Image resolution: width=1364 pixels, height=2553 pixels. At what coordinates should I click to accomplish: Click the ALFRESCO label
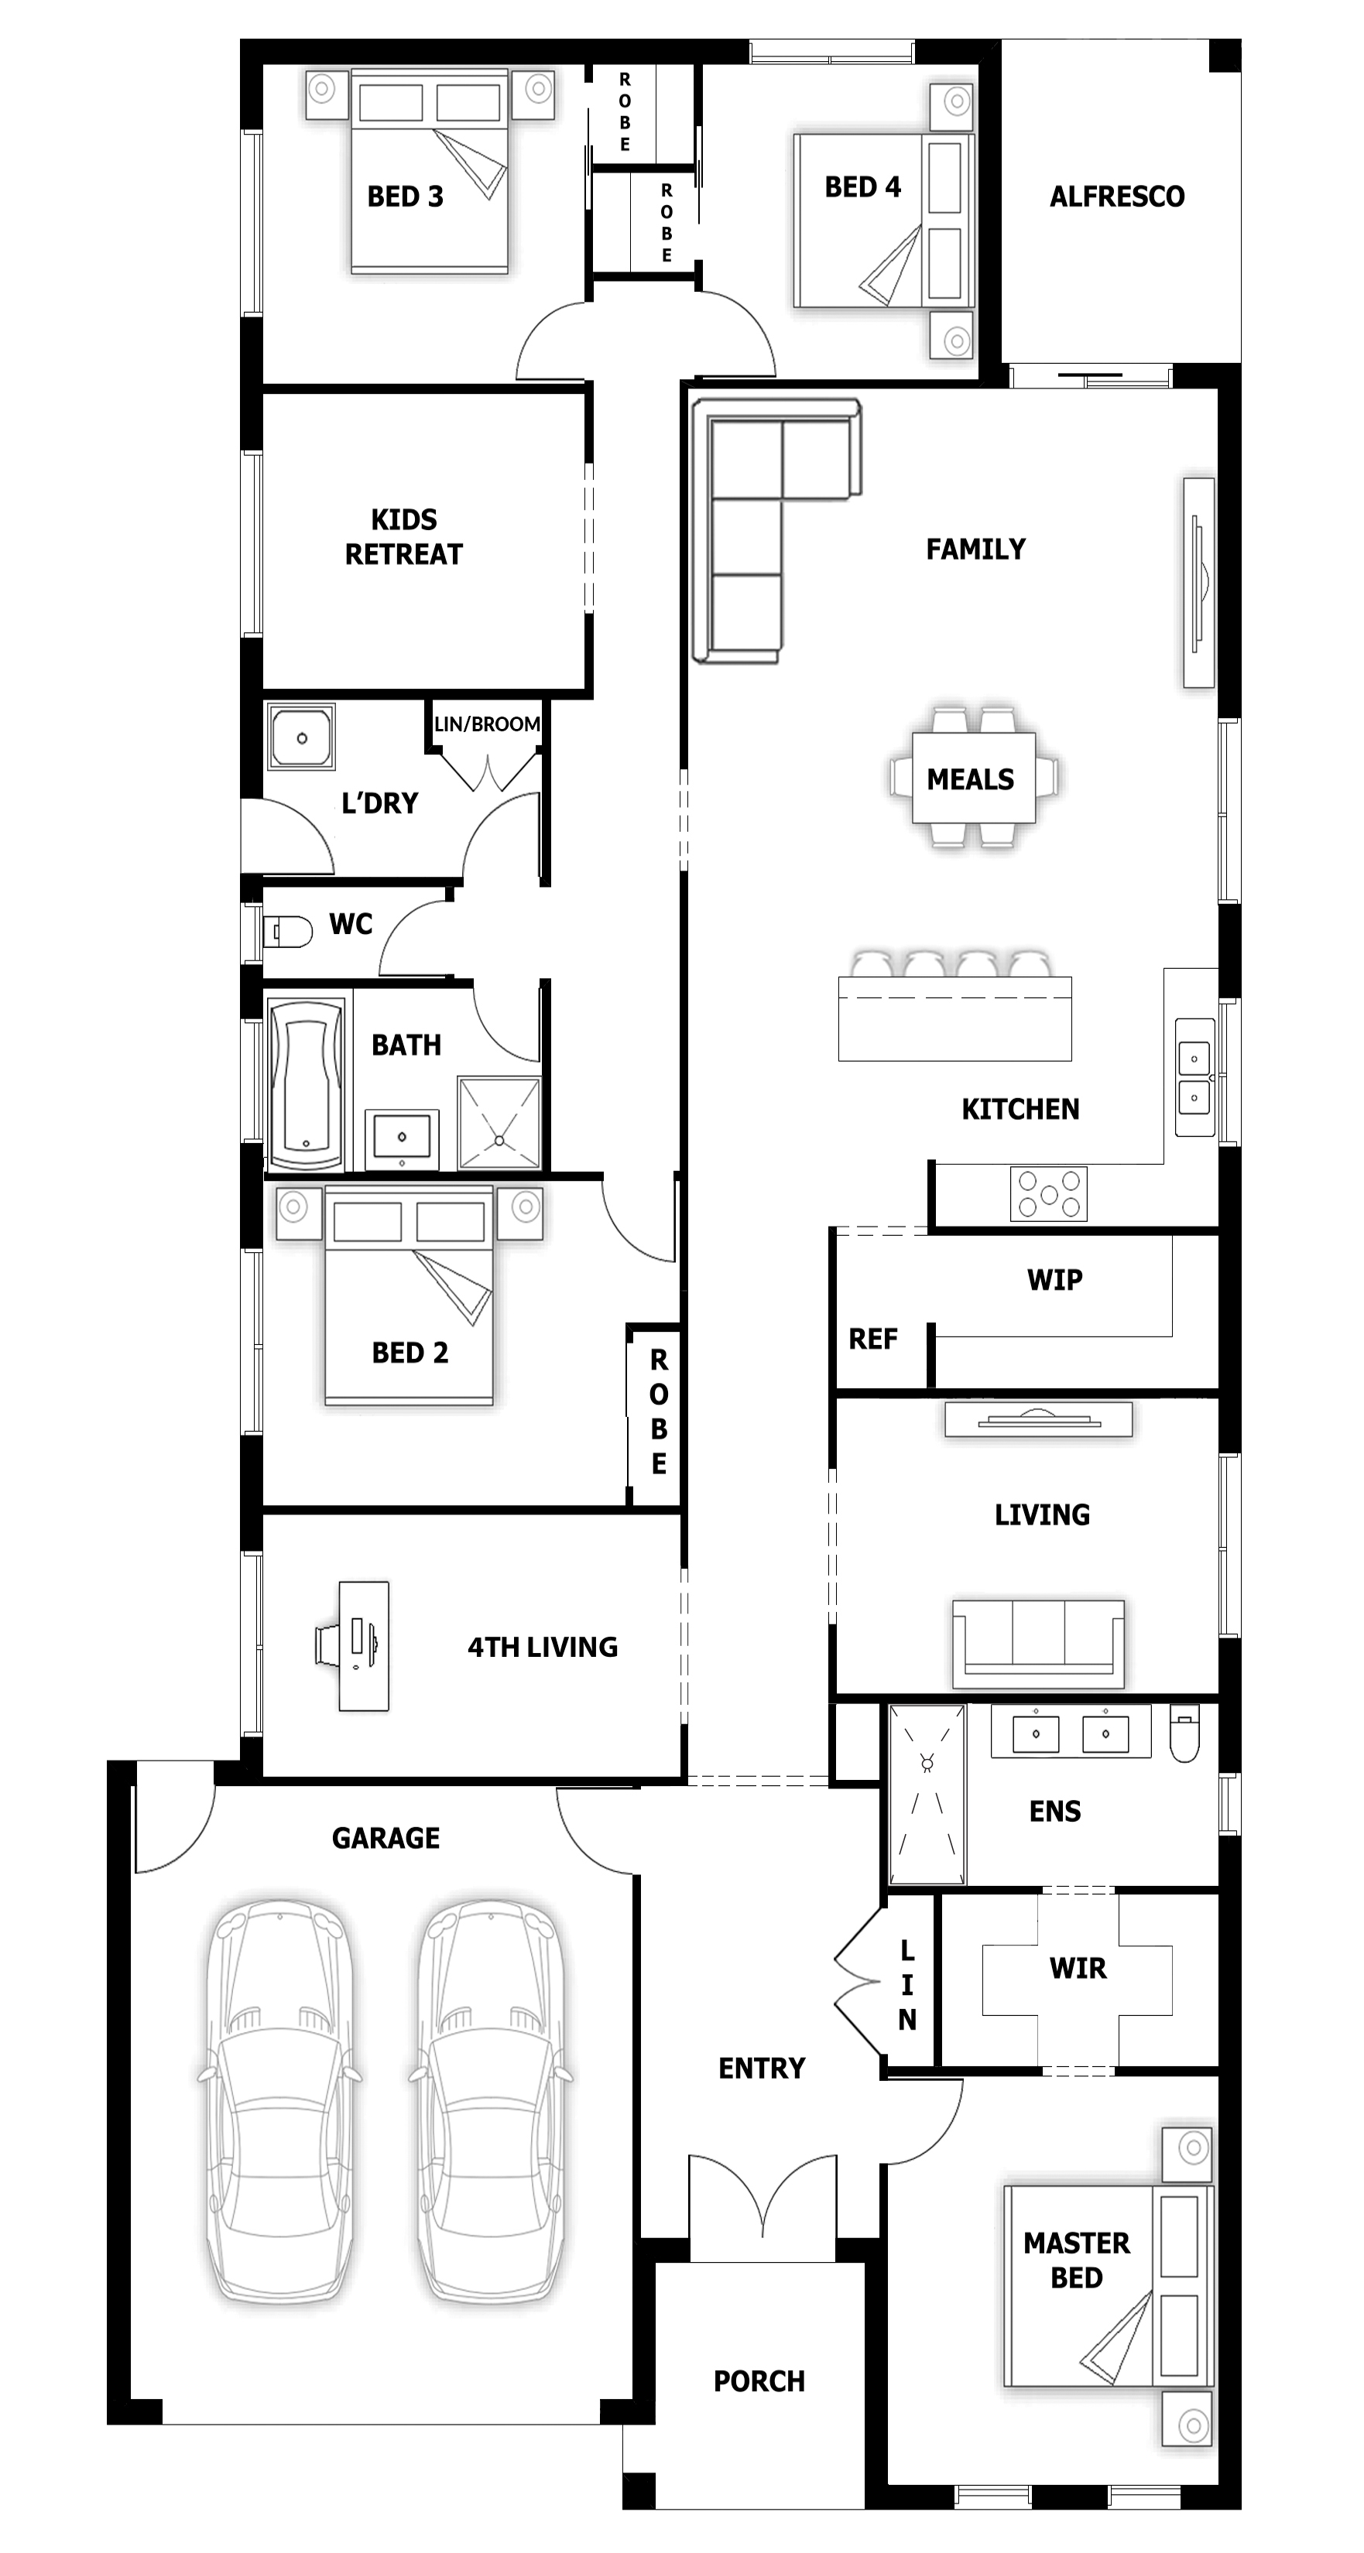(x=1116, y=197)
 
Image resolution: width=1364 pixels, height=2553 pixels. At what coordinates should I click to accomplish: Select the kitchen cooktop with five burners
(x=1049, y=1193)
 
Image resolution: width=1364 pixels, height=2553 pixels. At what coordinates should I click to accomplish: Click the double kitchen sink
(x=1194, y=1076)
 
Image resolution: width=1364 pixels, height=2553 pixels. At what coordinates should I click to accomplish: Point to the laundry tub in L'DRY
(x=301, y=737)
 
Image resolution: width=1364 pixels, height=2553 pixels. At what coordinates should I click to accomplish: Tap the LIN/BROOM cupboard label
(x=487, y=724)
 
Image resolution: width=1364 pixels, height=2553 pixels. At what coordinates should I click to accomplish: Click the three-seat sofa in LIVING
(x=1038, y=1642)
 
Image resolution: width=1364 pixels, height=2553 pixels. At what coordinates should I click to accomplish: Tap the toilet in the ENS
(x=1184, y=1733)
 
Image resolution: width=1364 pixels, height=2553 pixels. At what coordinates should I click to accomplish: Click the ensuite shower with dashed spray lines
(x=927, y=1794)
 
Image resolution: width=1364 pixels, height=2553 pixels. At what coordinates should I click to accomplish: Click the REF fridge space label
(x=872, y=1339)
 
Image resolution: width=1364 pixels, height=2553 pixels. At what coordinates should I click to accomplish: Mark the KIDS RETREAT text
(x=403, y=536)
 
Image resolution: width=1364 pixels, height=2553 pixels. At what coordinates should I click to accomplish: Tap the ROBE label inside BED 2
(x=658, y=1412)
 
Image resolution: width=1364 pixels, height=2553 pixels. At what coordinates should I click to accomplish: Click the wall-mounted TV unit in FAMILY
(x=1198, y=582)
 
